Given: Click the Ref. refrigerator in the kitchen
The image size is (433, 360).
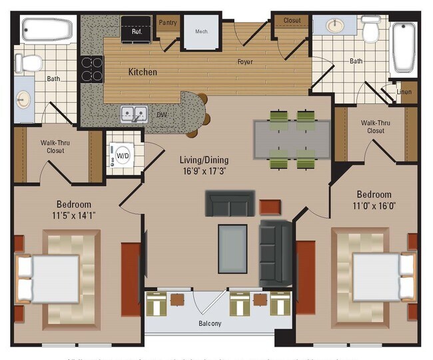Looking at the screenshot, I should point(136,29).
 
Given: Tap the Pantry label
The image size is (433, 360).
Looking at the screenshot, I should point(167,22).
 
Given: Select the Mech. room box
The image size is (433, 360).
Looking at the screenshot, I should point(201,31).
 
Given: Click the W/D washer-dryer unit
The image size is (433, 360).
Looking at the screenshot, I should point(123,155).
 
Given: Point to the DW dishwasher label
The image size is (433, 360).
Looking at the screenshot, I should point(161,115).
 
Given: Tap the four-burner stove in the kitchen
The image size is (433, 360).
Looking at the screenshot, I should point(92,69).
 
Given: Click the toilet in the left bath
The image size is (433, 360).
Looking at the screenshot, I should point(29,63).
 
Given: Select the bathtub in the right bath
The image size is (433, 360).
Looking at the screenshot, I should point(404,48).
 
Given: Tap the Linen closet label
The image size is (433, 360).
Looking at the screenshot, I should point(404,92).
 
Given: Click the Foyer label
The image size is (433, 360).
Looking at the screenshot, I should point(244,63).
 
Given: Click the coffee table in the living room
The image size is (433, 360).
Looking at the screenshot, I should point(232,249).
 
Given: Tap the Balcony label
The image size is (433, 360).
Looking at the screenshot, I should point(210,324).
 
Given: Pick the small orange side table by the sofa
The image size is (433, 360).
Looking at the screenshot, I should point(270,206).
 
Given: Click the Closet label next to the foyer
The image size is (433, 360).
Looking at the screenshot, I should point(292,21).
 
